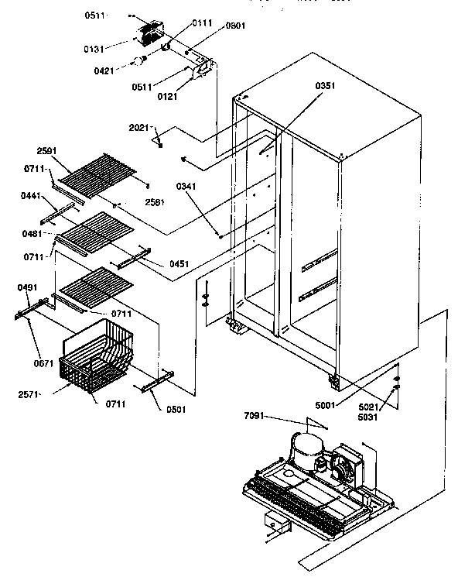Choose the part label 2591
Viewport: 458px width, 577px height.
pyautogui.click(x=47, y=152)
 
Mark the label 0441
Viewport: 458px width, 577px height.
pyautogui.click(x=32, y=196)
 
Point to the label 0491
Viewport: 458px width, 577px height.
pyautogui.click(x=26, y=287)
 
